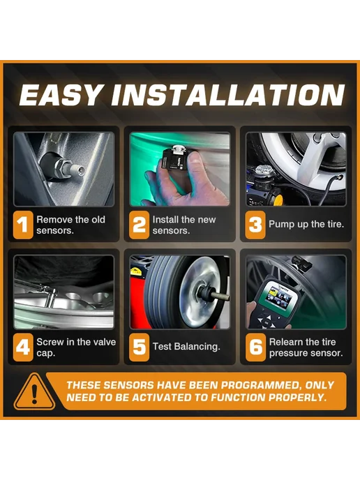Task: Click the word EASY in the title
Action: tap(60, 95)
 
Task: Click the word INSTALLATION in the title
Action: tap(228, 95)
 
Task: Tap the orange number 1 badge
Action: tap(23, 225)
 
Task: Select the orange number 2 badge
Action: tap(139, 225)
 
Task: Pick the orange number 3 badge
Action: tap(255, 225)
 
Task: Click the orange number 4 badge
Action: tap(23, 347)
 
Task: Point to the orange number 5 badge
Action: tap(139, 347)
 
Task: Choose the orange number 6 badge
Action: tap(255, 347)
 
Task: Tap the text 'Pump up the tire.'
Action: tap(306, 225)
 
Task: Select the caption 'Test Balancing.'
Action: tap(186, 347)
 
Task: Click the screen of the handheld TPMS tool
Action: tap(280, 295)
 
